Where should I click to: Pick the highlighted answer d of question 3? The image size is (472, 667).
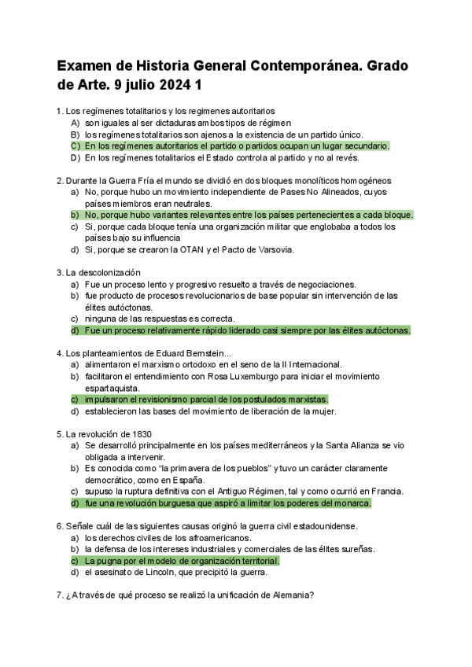coord(247,330)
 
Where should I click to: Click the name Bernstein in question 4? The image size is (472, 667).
coord(190,353)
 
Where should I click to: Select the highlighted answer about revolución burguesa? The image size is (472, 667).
coord(227,503)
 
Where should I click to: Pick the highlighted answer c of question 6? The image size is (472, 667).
coord(182,561)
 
